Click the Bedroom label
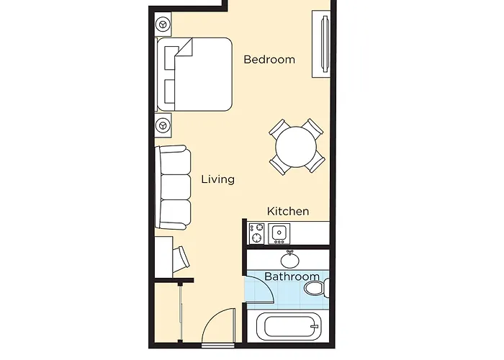coord(269,60)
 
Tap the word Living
coord(217,179)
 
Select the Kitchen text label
coord(288,211)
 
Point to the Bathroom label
coord(292,276)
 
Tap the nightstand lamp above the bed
coord(164,25)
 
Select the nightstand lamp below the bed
coord(164,126)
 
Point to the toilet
coord(315,289)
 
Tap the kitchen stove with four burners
coord(257,233)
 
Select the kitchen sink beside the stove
coord(278,233)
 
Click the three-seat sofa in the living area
coord(174,186)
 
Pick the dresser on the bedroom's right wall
coord(320,44)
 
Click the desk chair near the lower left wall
coord(181,256)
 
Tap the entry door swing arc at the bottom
coord(220,328)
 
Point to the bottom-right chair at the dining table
coord(315,163)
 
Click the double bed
coord(194,74)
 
